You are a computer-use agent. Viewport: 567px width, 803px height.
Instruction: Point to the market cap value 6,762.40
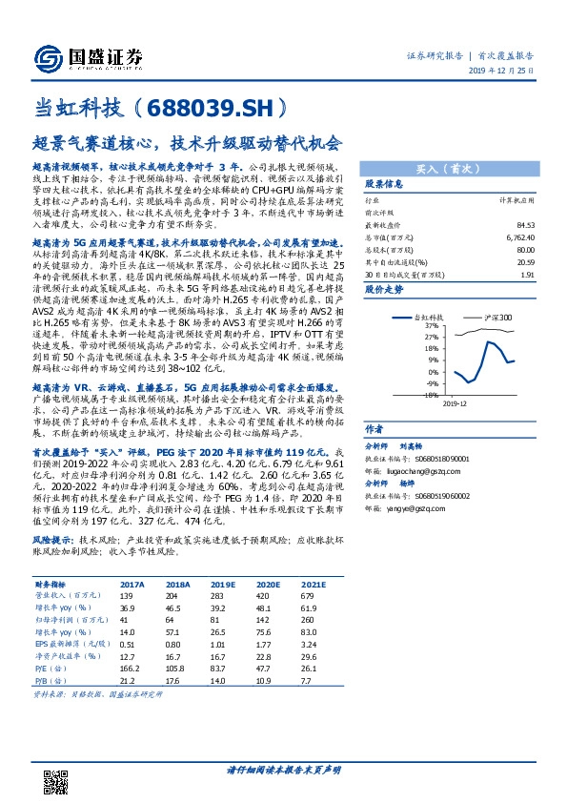[518, 237]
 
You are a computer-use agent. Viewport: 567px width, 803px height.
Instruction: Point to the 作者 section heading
[375, 429]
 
